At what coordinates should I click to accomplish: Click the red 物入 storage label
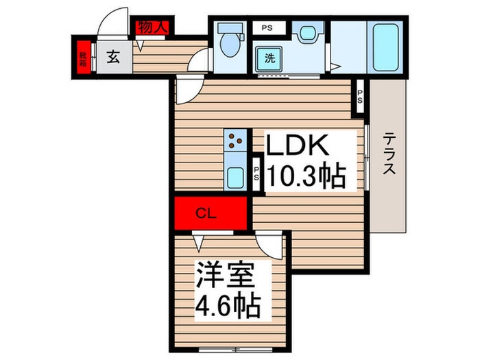[x=153, y=27]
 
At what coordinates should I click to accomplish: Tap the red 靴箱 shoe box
[x=83, y=59]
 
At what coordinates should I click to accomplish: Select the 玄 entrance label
[x=114, y=58]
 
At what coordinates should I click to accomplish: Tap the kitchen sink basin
[x=235, y=178]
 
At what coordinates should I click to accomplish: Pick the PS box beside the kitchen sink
[x=256, y=175]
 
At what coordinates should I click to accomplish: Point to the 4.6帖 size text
[x=229, y=304]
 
